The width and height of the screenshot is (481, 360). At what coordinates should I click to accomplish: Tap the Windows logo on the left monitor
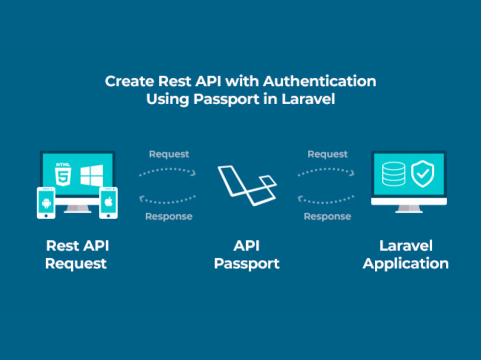click(x=91, y=175)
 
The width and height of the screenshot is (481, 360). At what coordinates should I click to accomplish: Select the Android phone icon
click(x=46, y=203)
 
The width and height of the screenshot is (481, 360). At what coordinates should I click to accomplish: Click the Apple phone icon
click(x=109, y=203)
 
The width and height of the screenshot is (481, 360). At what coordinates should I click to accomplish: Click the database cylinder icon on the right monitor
click(x=393, y=174)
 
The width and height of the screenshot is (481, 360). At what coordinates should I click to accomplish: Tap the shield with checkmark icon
click(x=423, y=174)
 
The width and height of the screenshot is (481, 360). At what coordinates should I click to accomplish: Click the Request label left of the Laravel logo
click(x=169, y=154)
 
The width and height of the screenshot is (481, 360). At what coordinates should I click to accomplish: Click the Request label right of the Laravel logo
click(x=328, y=154)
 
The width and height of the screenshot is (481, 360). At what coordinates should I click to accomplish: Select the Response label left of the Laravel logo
click(x=169, y=216)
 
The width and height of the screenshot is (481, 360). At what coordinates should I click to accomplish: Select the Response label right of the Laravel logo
click(x=328, y=216)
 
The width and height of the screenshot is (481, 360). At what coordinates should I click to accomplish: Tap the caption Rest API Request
click(x=77, y=254)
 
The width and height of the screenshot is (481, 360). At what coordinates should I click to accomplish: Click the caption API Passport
click(x=247, y=254)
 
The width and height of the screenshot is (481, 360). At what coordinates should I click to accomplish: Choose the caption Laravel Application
click(x=406, y=254)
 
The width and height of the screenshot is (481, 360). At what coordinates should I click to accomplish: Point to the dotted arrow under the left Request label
click(x=167, y=171)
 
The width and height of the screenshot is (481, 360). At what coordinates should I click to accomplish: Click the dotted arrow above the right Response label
click(x=327, y=198)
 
